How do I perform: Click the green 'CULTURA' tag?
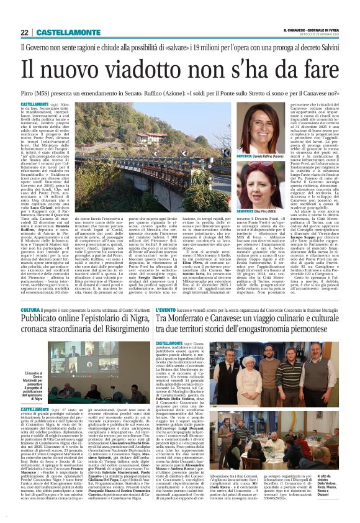coord(30,309)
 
